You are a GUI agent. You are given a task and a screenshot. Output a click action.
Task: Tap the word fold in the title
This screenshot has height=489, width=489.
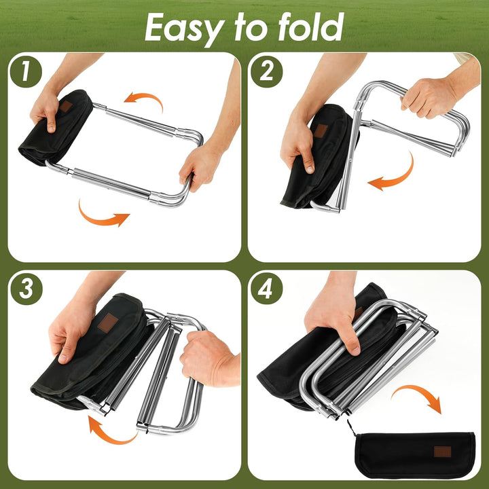[310, 26]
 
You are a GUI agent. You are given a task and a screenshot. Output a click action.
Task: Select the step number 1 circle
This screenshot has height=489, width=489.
[26, 72]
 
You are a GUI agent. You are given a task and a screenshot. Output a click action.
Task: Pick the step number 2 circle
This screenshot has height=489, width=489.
[267, 72]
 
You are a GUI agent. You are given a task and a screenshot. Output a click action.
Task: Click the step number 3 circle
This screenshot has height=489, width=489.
[26, 289]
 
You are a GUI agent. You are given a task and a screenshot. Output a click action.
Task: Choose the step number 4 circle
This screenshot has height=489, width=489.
[267, 289]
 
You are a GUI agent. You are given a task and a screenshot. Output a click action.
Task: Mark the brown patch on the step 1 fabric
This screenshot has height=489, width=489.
[66, 106]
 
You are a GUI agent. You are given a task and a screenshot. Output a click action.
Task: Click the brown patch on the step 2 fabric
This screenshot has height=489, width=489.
[321, 130]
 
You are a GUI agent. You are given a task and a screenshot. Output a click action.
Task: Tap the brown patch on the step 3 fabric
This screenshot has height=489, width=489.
[108, 323]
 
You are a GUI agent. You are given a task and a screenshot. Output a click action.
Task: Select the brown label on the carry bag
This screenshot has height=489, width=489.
[443, 452]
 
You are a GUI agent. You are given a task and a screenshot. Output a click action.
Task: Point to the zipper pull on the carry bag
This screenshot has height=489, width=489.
[351, 427]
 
